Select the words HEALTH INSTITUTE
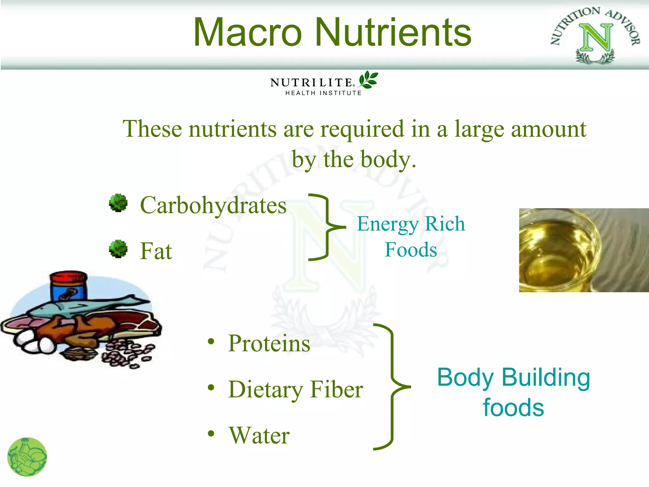[323, 93]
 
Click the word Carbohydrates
[213, 205]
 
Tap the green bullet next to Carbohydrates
[118, 203]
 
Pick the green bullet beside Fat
[118, 249]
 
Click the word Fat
[156, 251]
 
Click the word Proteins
[269, 343]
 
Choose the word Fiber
[337, 389]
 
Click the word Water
[259, 435]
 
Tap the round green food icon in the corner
[27, 457]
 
